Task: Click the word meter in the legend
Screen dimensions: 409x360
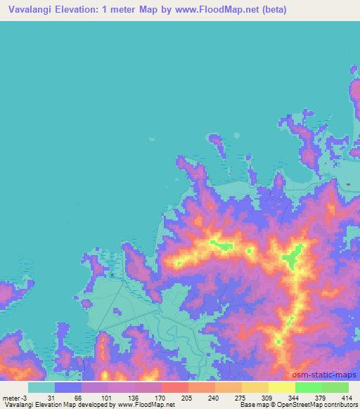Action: pos(11,398)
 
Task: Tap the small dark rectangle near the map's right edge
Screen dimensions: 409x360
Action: pos(349,184)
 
